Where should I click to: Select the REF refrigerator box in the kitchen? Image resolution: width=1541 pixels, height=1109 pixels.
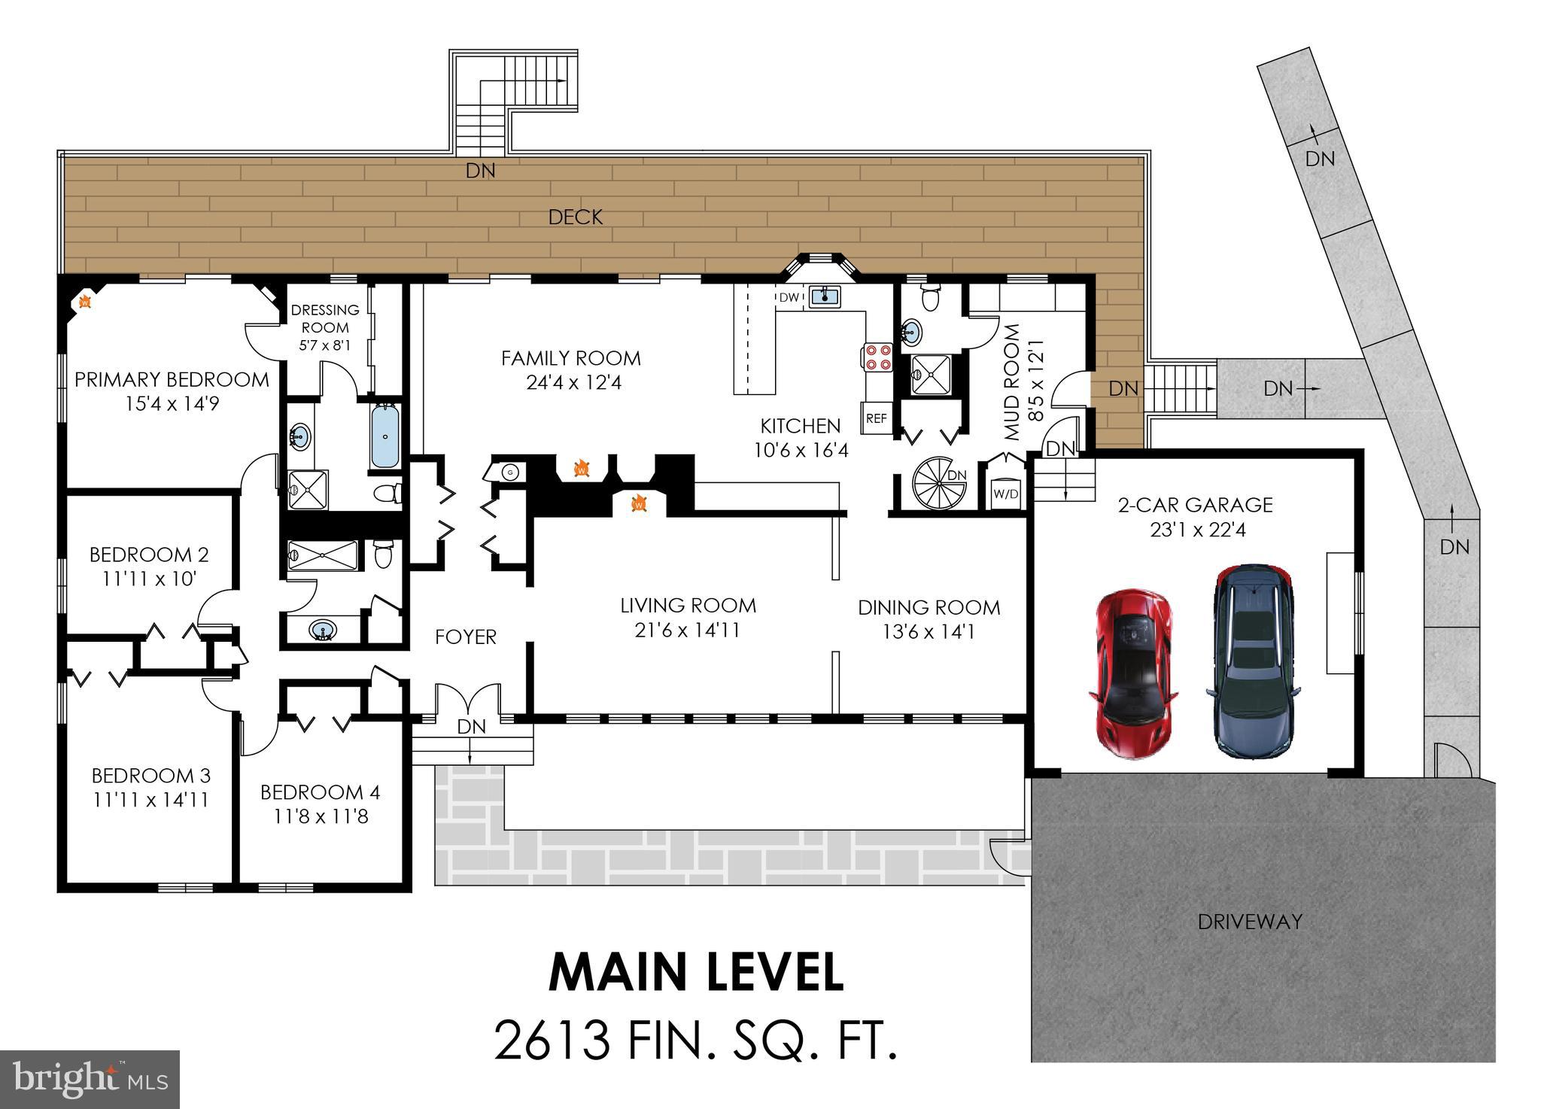876,418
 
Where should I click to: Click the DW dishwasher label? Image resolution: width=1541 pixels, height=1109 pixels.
789,298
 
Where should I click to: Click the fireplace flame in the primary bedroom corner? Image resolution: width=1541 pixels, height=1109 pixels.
85,302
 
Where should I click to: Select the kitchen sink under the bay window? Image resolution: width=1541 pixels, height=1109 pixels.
825,297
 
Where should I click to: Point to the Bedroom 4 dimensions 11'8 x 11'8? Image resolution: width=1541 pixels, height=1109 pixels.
321,816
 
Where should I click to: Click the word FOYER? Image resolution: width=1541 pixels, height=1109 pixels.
466,637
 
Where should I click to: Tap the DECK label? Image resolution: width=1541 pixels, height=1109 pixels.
576,217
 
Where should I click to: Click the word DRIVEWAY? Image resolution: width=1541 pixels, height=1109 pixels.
1250,921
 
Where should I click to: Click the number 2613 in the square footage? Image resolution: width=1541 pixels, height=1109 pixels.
552,1040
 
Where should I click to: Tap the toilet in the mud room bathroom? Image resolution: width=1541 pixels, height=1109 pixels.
930,298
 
